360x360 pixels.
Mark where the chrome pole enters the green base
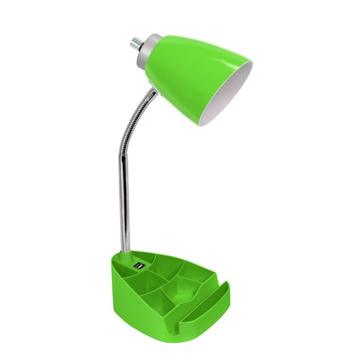[x=126, y=251]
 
